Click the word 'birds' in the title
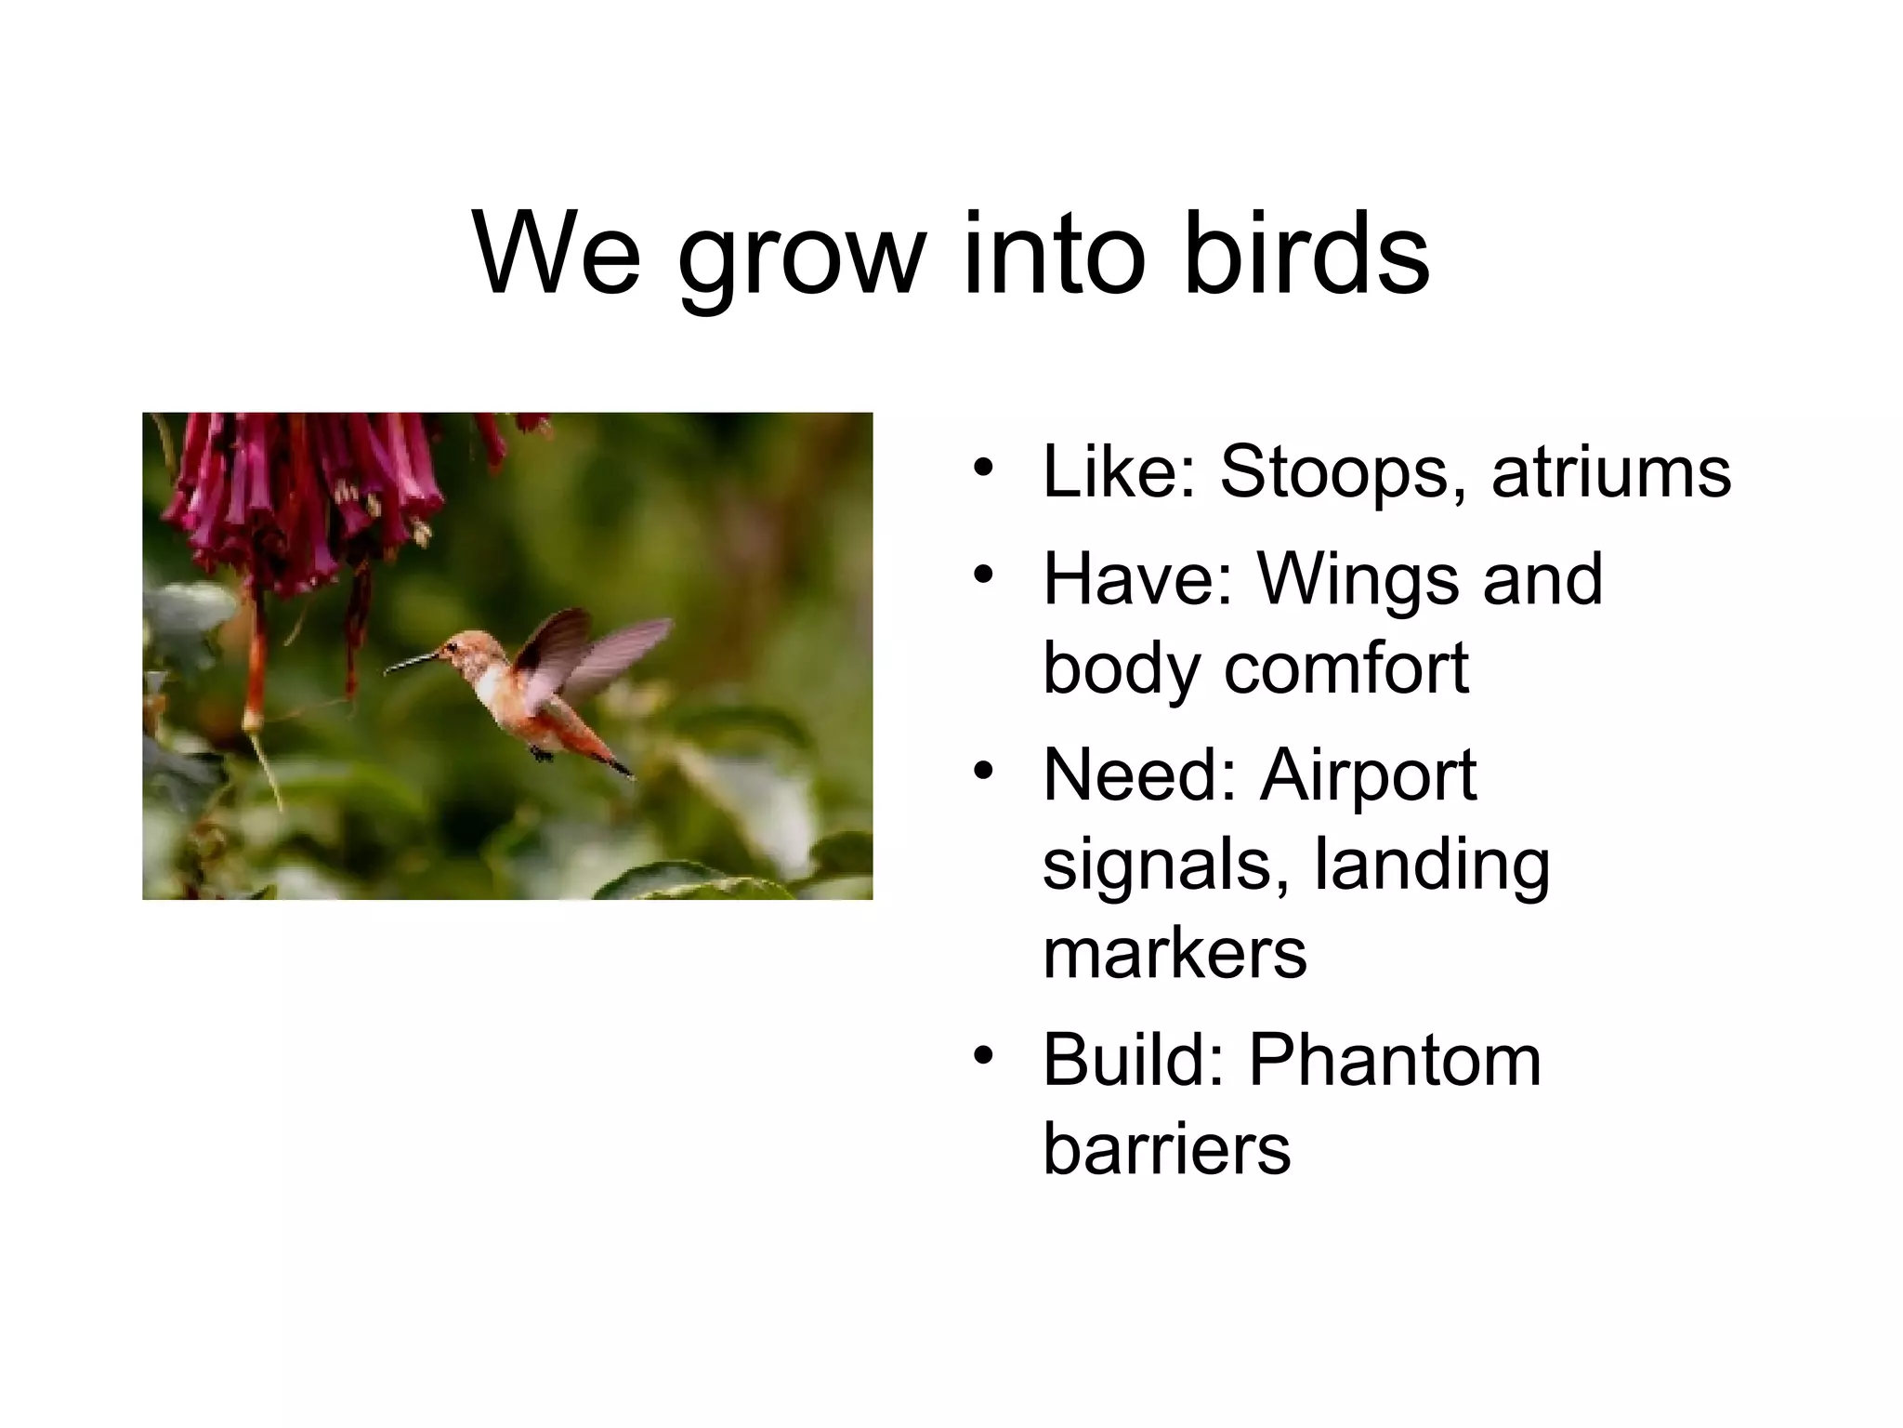pyautogui.click(x=1306, y=253)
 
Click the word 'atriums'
pyautogui.click(x=1611, y=472)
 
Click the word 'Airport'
pyautogui.click(x=1368, y=777)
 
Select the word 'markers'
pyautogui.click(x=1175, y=954)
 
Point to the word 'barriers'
pyautogui.click(x=1166, y=1149)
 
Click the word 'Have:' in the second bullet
pyautogui.click(x=1137, y=578)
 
